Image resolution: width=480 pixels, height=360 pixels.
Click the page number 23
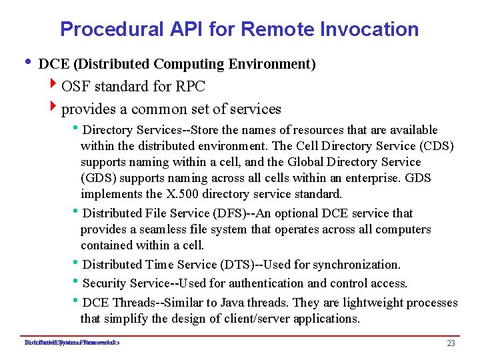pos(451,343)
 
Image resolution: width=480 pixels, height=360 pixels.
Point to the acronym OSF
pos(76,87)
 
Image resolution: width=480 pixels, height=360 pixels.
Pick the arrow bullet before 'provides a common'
pos(54,108)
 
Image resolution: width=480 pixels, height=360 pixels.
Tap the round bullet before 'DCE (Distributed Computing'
pos(26,63)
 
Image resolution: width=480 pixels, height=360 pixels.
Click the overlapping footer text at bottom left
pos(71,343)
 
